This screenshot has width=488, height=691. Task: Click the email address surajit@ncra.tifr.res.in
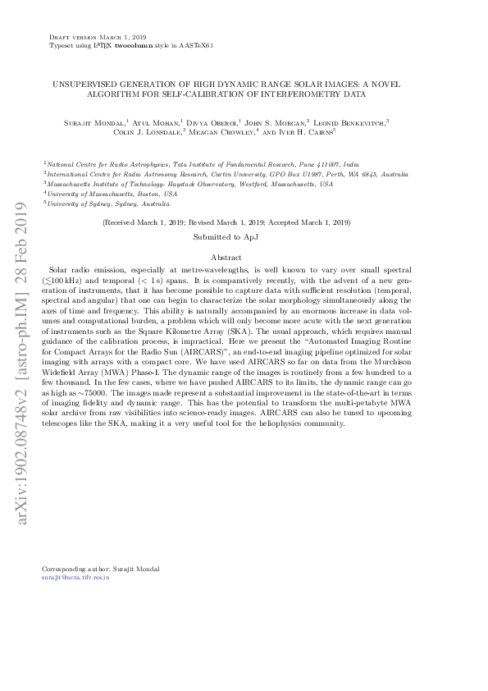click(x=75, y=578)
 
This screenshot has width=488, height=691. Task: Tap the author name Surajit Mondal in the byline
click(x=97, y=122)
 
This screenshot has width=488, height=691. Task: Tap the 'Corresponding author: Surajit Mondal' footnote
click(x=100, y=569)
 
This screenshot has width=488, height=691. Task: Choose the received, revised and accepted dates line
click(x=226, y=222)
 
